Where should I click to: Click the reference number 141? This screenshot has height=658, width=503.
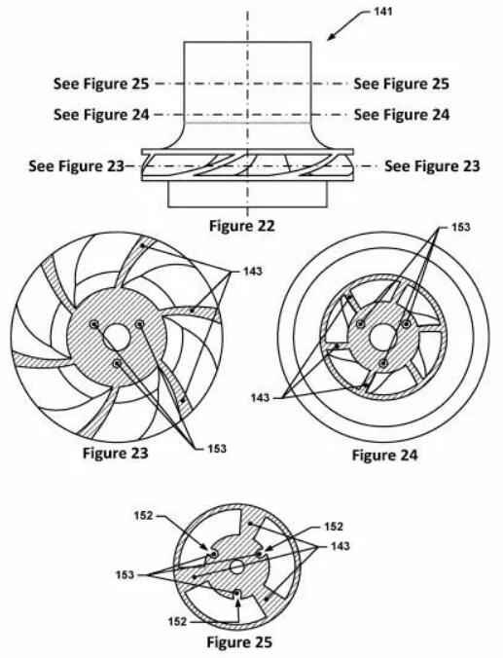pyautogui.click(x=382, y=12)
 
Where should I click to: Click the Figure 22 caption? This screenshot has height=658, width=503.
pyautogui.click(x=242, y=226)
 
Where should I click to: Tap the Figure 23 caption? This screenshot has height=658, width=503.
pyautogui.click(x=116, y=454)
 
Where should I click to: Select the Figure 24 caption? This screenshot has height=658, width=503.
pyautogui.click(x=384, y=455)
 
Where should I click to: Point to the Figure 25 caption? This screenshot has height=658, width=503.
pyautogui.click(x=239, y=642)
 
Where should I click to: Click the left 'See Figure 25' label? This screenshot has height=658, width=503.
pyautogui.click(x=101, y=84)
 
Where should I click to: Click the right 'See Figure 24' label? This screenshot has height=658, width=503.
pyautogui.click(x=402, y=114)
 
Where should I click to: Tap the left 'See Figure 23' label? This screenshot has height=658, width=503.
pyautogui.click(x=77, y=166)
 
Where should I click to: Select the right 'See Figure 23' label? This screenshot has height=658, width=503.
pyautogui.click(x=432, y=166)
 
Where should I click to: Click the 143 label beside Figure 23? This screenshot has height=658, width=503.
pyautogui.click(x=253, y=272)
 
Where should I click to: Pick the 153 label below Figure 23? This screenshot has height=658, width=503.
pyautogui.click(x=217, y=449)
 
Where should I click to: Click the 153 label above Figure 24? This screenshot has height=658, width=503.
pyautogui.click(x=460, y=227)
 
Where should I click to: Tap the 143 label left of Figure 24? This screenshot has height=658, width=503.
pyautogui.click(x=260, y=397)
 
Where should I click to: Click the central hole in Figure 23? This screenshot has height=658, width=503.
pyautogui.click(x=117, y=337)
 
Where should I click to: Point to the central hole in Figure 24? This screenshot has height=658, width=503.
pyautogui.click(x=381, y=337)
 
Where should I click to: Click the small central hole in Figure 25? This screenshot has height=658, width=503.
pyautogui.click(x=236, y=567)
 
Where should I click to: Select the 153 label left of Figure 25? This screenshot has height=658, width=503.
pyautogui.click(x=125, y=574)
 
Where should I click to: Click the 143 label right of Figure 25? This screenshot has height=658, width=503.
pyautogui.click(x=340, y=546)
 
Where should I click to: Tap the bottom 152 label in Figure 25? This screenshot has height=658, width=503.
pyautogui.click(x=177, y=621)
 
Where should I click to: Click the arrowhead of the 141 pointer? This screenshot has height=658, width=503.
pyautogui.click(x=331, y=38)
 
